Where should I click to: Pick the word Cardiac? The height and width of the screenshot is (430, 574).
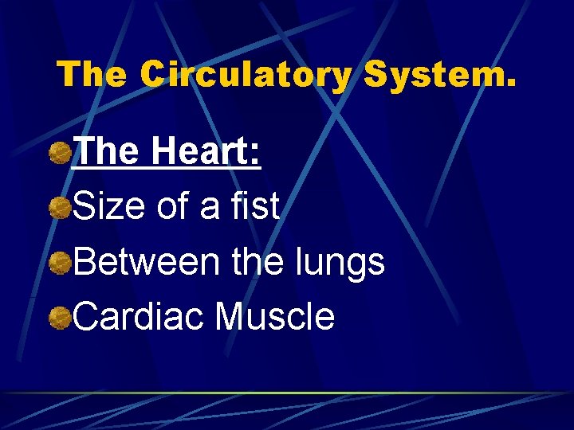point(139,316)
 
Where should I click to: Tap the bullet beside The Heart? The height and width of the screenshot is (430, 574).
point(58,154)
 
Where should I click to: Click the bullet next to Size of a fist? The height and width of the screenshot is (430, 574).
point(58,209)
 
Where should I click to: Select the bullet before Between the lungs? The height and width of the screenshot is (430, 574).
point(58,263)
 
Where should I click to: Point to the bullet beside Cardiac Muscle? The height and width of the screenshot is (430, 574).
point(58,318)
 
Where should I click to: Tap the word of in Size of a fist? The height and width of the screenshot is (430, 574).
point(171,207)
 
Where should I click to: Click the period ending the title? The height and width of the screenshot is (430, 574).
point(510,84)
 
